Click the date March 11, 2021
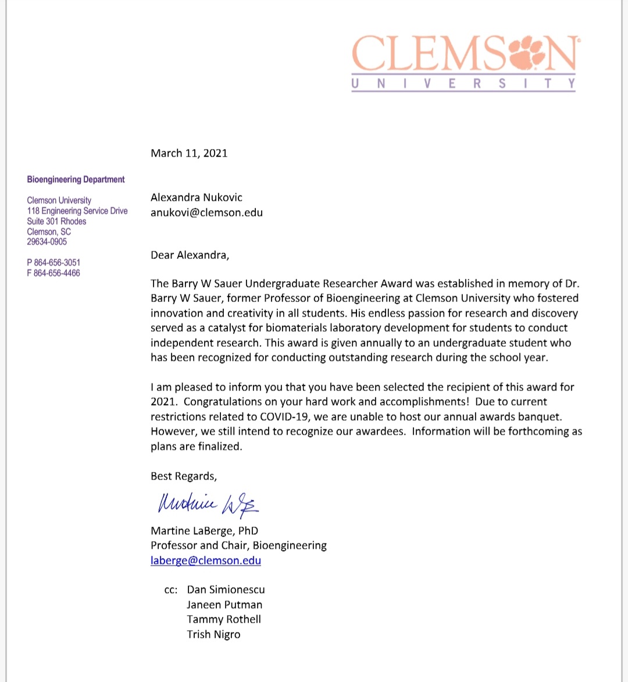point(189,154)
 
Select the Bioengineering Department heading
point(76,180)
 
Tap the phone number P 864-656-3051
point(53,263)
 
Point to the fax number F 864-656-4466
point(53,273)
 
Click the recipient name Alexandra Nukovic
point(196,198)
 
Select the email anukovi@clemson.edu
point(206,212)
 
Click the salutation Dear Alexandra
point(190,255)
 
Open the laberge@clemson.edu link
point(205,561)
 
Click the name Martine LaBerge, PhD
point(204,531)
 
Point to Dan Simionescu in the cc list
point(226,590)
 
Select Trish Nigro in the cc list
point(213,635)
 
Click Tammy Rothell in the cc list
point(224,620)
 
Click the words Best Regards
point(183,477)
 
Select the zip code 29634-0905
point(47,242)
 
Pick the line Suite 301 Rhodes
point(56,222)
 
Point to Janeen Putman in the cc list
point(224,605)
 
